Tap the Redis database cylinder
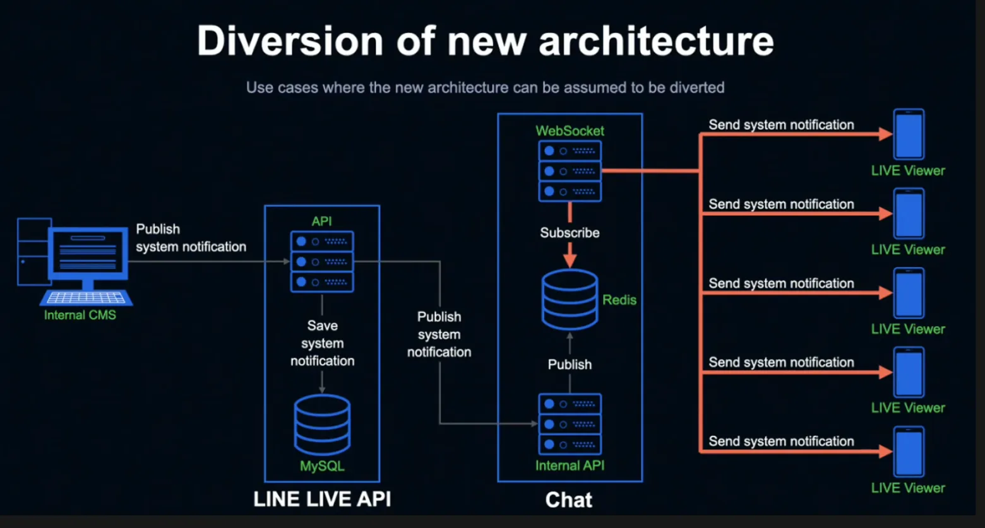pos(570,300)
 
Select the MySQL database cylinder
pos(322,425)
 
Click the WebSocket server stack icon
pos(570,172)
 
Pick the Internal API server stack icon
pos(570,425)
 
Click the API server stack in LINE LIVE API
pos(322,262)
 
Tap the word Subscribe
pos(570,233)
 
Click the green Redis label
pos(619,300)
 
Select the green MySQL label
pos(322,466)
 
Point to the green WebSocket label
pos(570,131)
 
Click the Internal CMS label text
pos(80,315)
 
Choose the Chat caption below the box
pos(568,500)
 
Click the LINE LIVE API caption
pos(322,499)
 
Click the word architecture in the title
pos(656,41)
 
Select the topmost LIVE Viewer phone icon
pos(909,134)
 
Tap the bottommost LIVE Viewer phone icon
pos(909,452)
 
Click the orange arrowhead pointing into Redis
pos(570,261)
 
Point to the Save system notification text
pos(322,343)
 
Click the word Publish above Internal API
pos(570,365)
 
